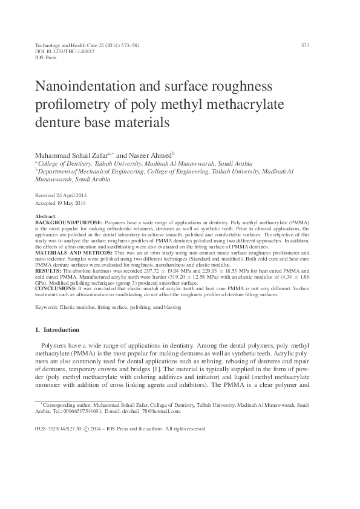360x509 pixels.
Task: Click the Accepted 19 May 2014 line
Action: [x=62, y=204]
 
